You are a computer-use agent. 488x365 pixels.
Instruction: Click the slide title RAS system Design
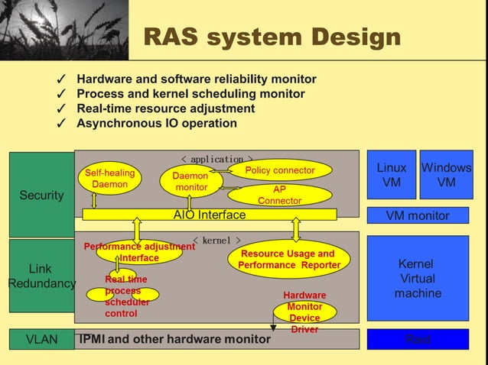272,37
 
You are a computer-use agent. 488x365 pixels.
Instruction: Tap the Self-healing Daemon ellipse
109,179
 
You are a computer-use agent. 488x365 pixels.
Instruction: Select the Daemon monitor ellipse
191,182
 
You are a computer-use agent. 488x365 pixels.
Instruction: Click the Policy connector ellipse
280,170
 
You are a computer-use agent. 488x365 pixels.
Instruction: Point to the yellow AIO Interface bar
209,215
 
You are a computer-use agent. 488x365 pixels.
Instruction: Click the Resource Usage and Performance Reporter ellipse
288,259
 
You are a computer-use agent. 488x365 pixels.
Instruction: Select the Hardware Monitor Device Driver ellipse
304,312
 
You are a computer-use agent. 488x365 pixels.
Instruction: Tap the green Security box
41,195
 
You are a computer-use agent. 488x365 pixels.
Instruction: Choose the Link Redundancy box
41,276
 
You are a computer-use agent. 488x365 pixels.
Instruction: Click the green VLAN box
41,339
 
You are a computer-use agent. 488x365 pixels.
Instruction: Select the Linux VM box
392,175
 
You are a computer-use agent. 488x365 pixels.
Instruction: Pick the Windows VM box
446,175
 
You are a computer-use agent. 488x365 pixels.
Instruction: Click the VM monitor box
418,215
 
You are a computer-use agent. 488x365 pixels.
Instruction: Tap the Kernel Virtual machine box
418,278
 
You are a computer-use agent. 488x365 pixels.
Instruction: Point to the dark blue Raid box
418,339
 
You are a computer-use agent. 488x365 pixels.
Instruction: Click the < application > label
216,160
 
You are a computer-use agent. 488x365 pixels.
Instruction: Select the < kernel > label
216,241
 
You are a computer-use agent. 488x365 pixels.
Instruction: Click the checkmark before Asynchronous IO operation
61,124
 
